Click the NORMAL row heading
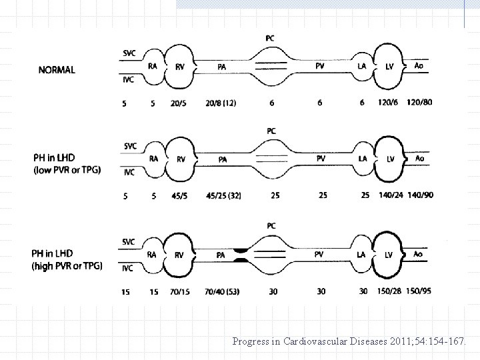[57, 69]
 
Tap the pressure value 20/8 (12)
[220, 103]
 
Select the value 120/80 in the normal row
[419, 103]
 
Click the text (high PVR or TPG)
[68, 265]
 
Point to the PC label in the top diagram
[269, 38]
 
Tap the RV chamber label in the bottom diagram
[180, 254]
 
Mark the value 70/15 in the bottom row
[179, 291]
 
